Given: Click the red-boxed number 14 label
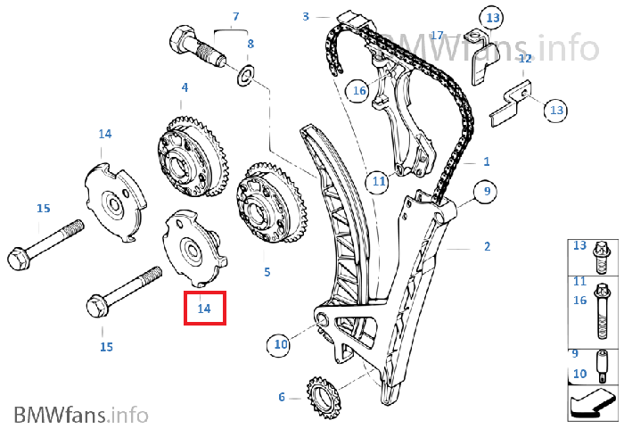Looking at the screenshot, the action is (x=204, y=308).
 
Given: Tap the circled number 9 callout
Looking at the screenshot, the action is (x=486, y=192).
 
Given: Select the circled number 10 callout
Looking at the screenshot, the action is (x=280, y=344).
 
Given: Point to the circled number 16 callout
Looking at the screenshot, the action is (x=358, y=91).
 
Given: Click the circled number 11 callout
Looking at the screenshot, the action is (x=378, y=181).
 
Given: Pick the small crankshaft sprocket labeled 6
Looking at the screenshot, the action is (x=323, y=399).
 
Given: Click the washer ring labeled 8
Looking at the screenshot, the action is (x=246, y=74).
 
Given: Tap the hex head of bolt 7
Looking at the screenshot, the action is (x=181, y=41).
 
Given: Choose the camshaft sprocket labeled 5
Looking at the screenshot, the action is (x=271, y=203).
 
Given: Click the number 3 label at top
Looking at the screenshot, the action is (x=306, y=17).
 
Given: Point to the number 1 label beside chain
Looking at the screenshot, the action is (x=487, y=161).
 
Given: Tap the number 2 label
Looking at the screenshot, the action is (x=487, y=247).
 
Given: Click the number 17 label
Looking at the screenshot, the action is (x=437, y=36).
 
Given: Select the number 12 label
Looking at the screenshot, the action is (x=525, y=59).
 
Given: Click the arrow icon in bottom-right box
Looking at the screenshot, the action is (x=592, y=403).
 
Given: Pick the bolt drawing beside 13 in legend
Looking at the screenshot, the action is (x=602, y=258).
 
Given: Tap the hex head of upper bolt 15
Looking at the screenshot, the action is (x=17, y=259).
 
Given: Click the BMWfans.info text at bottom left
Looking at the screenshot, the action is (x=81, y=415).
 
